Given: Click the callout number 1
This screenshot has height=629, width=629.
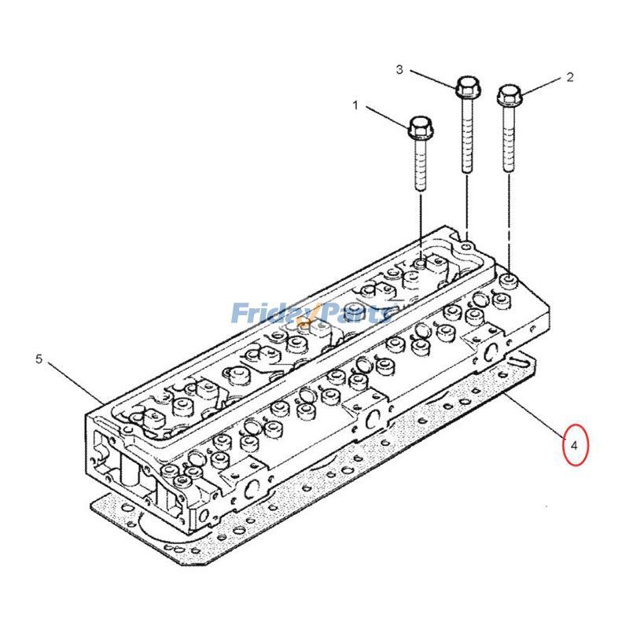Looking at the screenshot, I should click(355, 105).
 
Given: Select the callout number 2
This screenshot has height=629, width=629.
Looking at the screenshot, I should click(570, 77).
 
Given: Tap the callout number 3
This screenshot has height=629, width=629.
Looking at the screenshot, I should click(399, 70).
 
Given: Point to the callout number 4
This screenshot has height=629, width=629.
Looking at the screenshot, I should click(575, 445).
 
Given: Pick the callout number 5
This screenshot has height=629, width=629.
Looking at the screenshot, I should click(39, 359).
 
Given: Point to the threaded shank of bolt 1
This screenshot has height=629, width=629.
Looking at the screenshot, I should click(420, 165).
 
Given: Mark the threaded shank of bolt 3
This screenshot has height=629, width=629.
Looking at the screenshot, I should click(467, 134).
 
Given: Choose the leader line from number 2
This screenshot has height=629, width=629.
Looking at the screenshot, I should click(543, 85).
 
